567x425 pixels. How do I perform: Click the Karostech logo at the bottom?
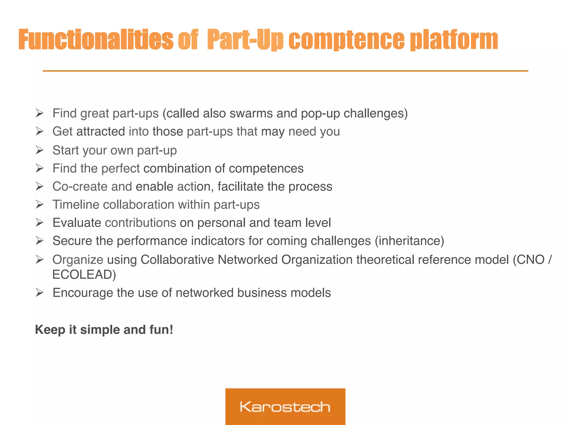tap(285, 406)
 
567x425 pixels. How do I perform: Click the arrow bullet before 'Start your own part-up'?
tap(40, 150)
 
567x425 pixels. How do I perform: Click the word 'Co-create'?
tap(80, 186)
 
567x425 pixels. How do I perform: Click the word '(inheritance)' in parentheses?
tap(409, 241)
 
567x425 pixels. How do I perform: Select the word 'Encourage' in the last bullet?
tap(83, 293)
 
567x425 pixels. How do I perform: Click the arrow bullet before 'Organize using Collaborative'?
tap(40, 260)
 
